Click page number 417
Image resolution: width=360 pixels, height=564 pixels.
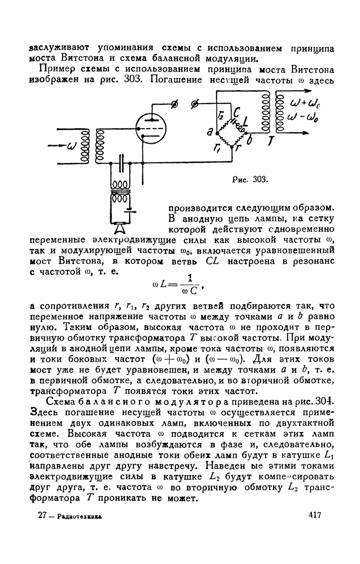click(x=314, y=515)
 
